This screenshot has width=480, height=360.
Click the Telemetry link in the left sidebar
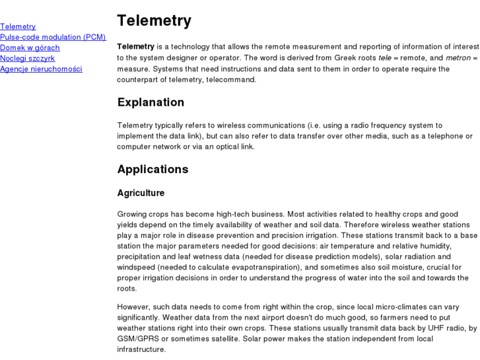coord(18,26)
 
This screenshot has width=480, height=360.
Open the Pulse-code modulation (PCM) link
coord(53,37)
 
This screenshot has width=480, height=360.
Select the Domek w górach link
coord(30,48)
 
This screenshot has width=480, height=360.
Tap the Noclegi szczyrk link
coord(27,58)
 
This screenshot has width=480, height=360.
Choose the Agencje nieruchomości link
coord(41,69)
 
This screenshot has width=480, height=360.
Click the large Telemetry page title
coord(154,20)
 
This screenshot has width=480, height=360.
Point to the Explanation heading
coord(151,102)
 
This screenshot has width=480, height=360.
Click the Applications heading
coord(153,169)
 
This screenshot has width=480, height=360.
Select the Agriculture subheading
coord(141,193)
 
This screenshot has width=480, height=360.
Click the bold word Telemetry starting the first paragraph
coord(135,47)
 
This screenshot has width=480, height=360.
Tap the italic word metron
coord(458,57)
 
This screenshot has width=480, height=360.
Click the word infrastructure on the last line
coord(141,349)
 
